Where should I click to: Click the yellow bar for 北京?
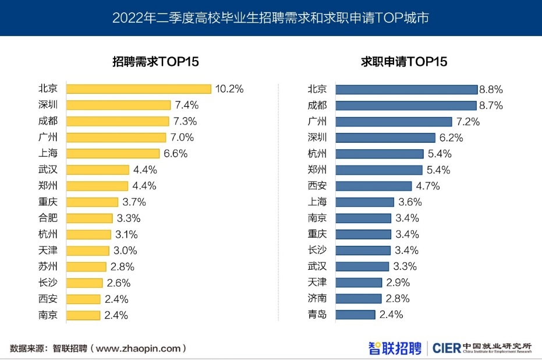coord(139,89)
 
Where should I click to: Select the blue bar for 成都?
coord(406,105)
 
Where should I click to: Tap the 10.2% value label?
coord(229,89)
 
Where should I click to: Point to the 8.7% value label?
coord(491,105)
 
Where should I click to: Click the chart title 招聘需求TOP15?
coord(155,61)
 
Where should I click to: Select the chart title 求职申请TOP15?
coord(404,61)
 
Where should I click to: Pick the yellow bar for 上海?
coord(113,153)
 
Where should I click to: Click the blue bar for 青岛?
coord(356,315)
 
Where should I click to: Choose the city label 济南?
coord(317,298)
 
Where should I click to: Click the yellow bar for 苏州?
coord(86,267)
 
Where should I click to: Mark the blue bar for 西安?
coord(374,186)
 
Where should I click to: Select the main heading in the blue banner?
coord(271,17)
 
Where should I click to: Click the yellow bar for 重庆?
coord(92,202)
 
